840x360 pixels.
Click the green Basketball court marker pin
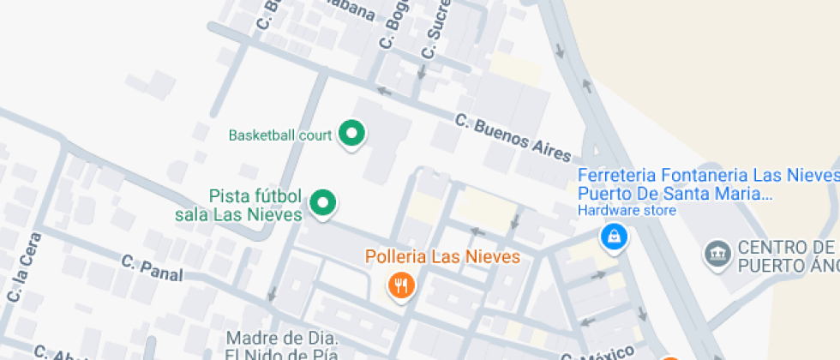click(x=351, y=134)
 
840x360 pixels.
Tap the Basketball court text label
click(x=282, y=135)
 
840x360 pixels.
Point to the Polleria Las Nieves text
click(x=442, y=256)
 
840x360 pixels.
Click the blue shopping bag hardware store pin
click(x=614, y=237)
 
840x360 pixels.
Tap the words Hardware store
click(x=616, y=209)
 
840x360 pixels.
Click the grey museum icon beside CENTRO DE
click(x=715, y=253)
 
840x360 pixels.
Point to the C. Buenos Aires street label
click(x=513, y=138)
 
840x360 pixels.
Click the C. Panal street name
click(x=152, y=267)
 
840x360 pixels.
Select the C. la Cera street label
click(x=24, y=267)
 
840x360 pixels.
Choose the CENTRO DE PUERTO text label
click(x=784, y=257)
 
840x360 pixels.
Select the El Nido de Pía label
click(x=283, y=353)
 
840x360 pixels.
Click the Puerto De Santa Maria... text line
click(x=675, y=193)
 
